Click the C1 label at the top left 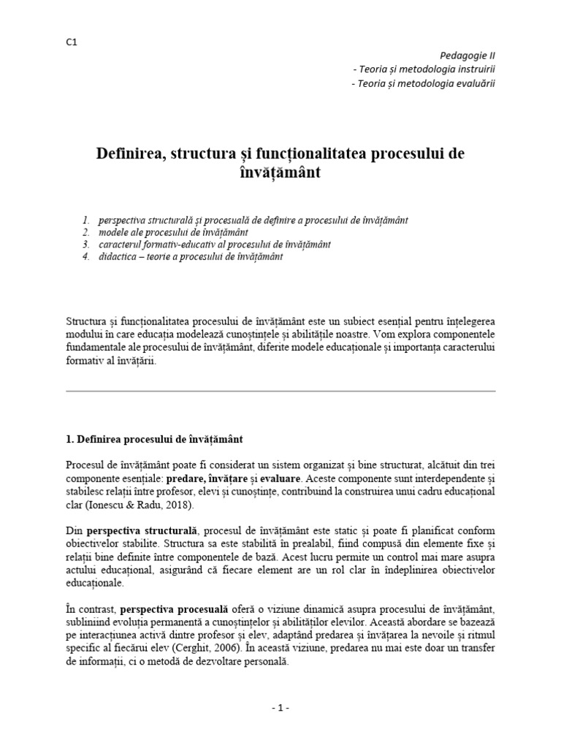point(71,42)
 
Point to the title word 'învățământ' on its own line point(280,174)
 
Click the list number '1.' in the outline point(85,219)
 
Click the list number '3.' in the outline point(85,244)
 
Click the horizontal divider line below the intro point(280,391)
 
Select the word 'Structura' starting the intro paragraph point(85,321)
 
